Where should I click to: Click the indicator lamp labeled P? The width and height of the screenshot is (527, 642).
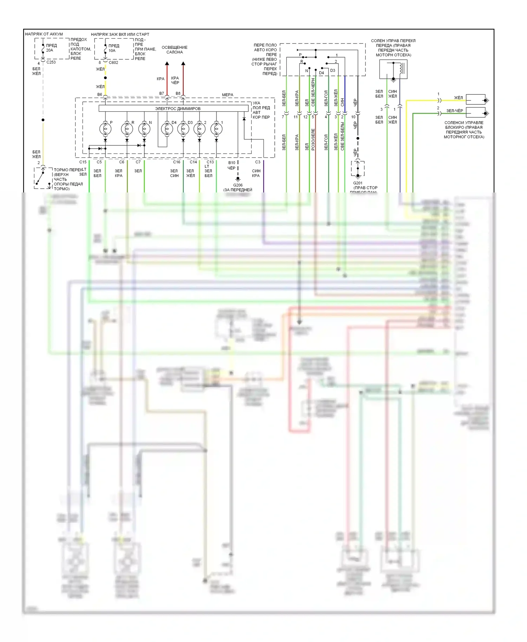coord(105,129)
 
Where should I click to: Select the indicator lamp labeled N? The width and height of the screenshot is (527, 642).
coord(144,129)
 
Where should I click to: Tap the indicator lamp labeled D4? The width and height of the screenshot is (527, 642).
coord(167,129)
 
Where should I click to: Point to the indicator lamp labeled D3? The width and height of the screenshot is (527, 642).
coord(183,129)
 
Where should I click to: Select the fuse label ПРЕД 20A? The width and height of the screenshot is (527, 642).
coord(51,48)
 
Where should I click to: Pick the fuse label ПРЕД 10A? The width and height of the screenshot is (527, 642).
coord(113,48)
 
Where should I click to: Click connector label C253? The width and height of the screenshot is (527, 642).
coord(51,62)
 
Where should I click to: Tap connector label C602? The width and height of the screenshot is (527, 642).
coord(113,63)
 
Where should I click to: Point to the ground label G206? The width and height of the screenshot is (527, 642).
coord(238,185)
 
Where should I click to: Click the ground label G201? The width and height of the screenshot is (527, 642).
coord(358,183)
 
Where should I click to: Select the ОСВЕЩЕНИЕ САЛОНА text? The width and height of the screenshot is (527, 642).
coord(175,50)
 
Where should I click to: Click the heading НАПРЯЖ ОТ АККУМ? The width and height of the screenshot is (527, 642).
coord(44,34)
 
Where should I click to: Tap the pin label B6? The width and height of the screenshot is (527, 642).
coord(100,94)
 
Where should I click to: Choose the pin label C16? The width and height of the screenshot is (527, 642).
coord(176,162)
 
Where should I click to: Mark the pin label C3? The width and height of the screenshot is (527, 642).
coord(258,162)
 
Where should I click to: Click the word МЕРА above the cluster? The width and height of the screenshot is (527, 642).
coord(227,95)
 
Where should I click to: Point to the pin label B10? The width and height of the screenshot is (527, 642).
coord(232,163)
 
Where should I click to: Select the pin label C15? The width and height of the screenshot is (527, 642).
coord(83,162)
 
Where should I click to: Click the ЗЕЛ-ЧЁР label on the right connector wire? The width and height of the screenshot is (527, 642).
coord(455,111)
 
